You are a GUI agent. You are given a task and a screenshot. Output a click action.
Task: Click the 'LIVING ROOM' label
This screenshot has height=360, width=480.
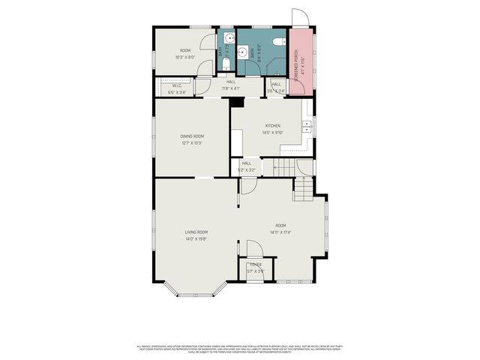(x=196, y=232)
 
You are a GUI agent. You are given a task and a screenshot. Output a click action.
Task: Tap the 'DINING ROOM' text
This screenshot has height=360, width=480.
(x=191, y=136)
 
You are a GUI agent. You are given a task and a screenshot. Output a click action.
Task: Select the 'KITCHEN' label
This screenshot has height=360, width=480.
(x=272, y=126)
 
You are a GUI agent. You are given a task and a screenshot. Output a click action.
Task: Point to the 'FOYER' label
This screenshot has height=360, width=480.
(x=256, y=265)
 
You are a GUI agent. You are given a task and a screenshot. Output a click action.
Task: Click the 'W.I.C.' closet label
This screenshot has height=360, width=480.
(x=177, y=85)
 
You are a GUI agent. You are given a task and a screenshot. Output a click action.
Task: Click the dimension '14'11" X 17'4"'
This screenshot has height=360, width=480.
(x=280, y=232)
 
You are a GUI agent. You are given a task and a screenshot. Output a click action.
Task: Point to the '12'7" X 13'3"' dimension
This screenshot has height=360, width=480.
(x=191, y=142)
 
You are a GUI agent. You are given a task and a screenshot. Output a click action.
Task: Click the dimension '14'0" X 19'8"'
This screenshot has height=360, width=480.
(x=196, y=239)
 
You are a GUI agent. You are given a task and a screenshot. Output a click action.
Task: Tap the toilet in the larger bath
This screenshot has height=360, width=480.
(x=277, y=42)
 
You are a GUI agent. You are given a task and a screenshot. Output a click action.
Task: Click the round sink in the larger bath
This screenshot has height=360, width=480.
(x=242, y=52)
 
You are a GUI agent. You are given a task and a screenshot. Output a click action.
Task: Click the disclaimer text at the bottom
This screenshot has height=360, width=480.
(x=240, y=349)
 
